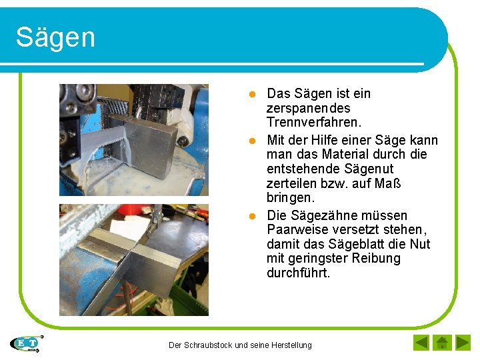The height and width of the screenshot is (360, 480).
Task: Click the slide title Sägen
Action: (x=55, y=37)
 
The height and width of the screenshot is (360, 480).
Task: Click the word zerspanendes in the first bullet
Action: (x=309, y=108)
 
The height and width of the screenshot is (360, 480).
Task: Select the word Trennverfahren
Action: (x=314, y=123)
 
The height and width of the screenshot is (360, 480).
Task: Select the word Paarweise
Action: (x=296, y=230)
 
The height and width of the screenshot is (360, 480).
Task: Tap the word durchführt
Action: (x=298, y=273)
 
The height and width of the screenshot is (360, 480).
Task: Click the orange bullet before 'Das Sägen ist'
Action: (x=253, y=94)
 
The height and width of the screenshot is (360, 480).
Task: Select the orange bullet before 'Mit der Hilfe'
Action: (x=253, y=141)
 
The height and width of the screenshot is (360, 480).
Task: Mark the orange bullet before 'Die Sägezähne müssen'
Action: (x=253, y=216)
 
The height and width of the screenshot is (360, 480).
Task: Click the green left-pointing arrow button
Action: (x=421, y=343)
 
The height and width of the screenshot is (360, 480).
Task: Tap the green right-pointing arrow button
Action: (x=463, y=343)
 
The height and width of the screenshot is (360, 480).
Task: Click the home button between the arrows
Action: (x=441, y=343)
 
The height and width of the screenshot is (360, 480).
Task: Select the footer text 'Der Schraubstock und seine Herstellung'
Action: (x=240, y=345)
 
